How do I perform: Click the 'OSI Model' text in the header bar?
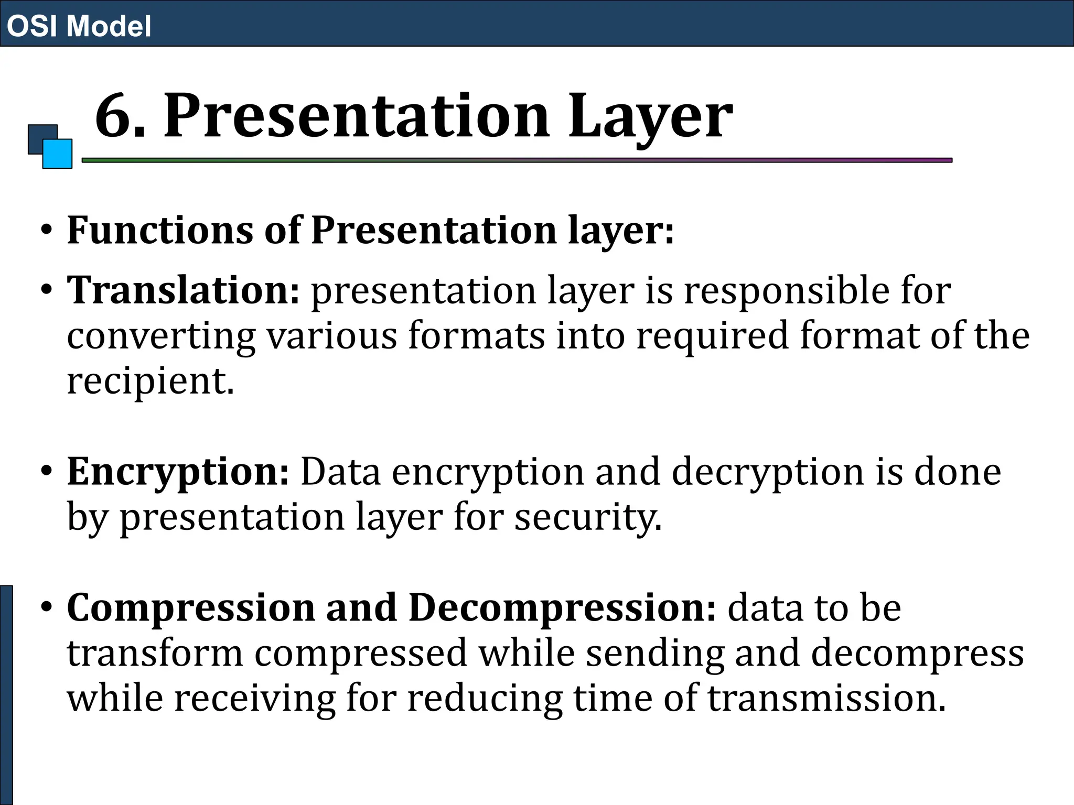tap(79, 26)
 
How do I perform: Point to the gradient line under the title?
tap(517, 160)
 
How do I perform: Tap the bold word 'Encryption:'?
tap(178, 472)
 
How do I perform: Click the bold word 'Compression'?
tap(191, 608)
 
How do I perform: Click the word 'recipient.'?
tap(151, 381)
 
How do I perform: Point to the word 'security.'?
tap(588, 518)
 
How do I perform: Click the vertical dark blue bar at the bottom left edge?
tap(6, 694)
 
